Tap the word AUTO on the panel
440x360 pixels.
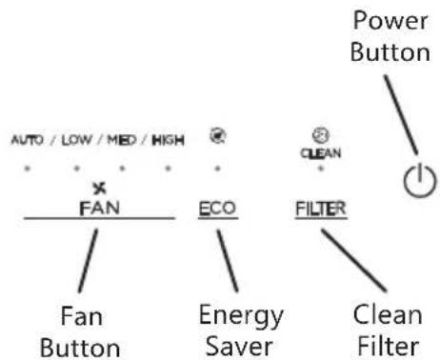pyautogui.click(x=27, y=140)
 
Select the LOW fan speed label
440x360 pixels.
pyautogui.click(x=76, y=140)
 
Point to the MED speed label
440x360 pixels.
pyautogui.click(x=122, y=140)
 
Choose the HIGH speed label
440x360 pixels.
pyautogui.click(x=168, y=140)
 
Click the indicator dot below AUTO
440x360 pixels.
pyautogui.click(x=28, y=169)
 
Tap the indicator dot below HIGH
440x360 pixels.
pyautogui.click(x=168, y=169)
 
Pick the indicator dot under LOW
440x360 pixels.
pyautogui.click(x=76, y=169)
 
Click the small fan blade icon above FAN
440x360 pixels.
pyautogui.click(x=100, y=189)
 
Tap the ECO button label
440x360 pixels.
pyautogui.click(x=217, y=209)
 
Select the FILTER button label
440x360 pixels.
pyautogui.click(x=321, y=209)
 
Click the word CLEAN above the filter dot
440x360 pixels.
pyautogui.click(x=321, y=153)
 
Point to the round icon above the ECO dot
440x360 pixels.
pyautogui.click(x=218, y=136)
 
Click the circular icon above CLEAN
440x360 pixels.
pyautogui.click(x=321, y=135)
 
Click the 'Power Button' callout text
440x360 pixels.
pyautogui.click(x=390, y=36)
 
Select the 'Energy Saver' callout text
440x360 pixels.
pyautogui.click(x=241, y=330)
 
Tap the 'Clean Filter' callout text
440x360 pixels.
pyautogui.click(x=388, y=330)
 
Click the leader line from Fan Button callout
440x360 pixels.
pyautogui.click(x=88, y=261)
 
